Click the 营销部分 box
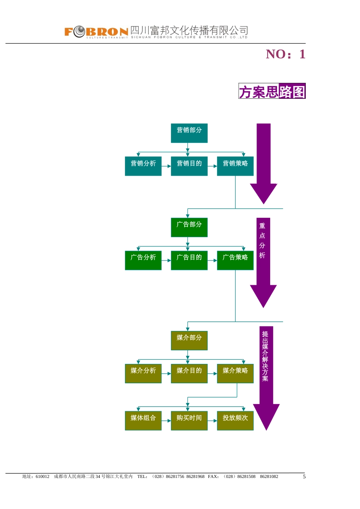click(189, 133)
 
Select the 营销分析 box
click(143, 166)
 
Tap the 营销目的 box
click(189, 166)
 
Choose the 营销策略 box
click(235, 166)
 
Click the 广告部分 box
click(189, 227)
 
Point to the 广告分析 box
click(143, 260)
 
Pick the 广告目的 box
click(189, 260)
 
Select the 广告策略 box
click(235, 260)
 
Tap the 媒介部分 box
click(189, 340)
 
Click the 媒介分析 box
click(143, 373)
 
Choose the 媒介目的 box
click(189, 373)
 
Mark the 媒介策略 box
click(235, 373)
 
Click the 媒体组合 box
click(143, 420)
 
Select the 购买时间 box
click(189, 420)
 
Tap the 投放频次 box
click(235, 420)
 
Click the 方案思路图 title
click(272, 91)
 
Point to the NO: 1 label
click(285, 54)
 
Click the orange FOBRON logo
click(96, 32)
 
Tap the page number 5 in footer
click(304, 477)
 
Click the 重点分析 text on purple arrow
click(262, 240)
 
